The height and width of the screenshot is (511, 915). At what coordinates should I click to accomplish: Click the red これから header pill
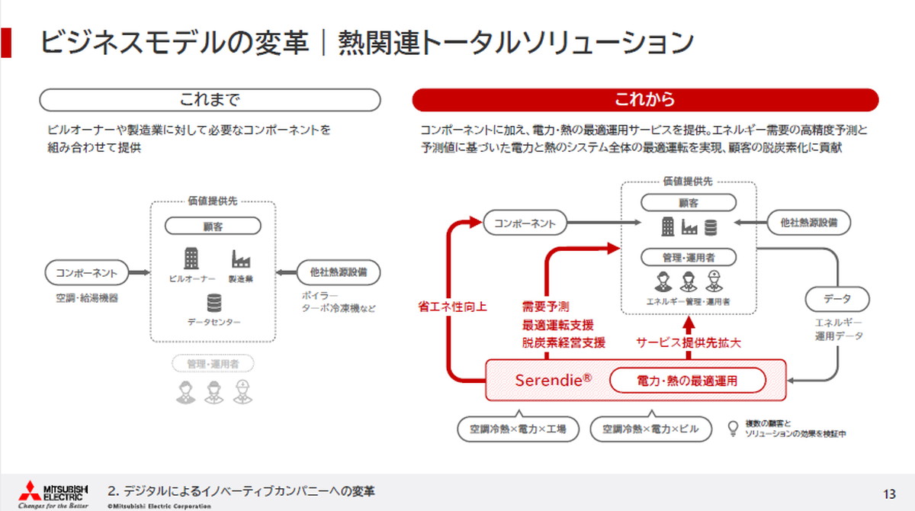(x=645, y=100)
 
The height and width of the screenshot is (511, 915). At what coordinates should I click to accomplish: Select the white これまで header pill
(x=210, y=100)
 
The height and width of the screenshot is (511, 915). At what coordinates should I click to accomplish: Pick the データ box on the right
(x=836, y=299)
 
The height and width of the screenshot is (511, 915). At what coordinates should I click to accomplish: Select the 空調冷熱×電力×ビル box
(x=650, y=429)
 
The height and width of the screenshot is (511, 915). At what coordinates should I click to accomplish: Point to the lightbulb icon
(x=733, y=427)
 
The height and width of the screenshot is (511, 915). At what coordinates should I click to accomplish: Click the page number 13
(x=888, y=492)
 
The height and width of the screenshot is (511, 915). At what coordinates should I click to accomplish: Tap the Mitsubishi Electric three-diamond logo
(x=30, y=490)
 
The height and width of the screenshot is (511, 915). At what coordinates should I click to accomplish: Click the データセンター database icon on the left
(x=213, y=304)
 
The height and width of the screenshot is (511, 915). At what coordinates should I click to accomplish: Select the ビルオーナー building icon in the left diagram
(x=191, y=259)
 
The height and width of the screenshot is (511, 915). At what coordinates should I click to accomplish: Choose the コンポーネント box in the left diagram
(x=87, y=272)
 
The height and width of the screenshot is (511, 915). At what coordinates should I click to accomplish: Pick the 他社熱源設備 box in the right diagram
(x=809, y=223)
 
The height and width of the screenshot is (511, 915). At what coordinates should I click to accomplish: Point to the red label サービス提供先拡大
(x=689, y=343)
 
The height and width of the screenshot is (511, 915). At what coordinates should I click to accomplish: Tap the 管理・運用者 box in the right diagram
(x=688, y=257)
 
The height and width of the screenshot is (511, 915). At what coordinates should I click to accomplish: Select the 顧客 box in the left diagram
(x=213, y=226)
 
